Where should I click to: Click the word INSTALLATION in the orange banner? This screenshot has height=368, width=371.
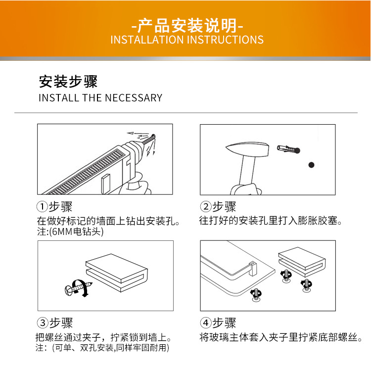click(147, 40)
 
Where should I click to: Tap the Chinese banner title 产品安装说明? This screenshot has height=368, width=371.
click(187, 25)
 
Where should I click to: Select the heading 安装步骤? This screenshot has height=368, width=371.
click(68, 82)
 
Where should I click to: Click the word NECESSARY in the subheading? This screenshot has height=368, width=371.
click(134, 98)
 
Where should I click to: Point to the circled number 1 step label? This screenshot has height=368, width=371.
click(42, 207)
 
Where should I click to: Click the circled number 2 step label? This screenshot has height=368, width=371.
click(206, 207)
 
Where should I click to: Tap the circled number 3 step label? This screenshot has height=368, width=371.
click(43, 322)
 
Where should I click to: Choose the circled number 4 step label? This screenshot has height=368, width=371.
click(206, 322)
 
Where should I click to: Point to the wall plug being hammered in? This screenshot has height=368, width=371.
click(288, 149)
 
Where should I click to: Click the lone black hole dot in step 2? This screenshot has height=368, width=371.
click(311, 165)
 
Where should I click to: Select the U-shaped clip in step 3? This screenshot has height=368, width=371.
click(117, 273)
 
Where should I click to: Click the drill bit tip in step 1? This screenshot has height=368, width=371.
click(153, 136)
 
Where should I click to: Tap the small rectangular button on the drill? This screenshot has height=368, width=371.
click(106, 183)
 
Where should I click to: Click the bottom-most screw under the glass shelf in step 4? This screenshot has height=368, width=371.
click(256, 295)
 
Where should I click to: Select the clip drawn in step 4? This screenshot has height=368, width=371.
click(302, 262)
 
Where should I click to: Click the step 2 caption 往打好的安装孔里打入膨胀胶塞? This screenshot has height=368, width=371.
click(270, 221)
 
